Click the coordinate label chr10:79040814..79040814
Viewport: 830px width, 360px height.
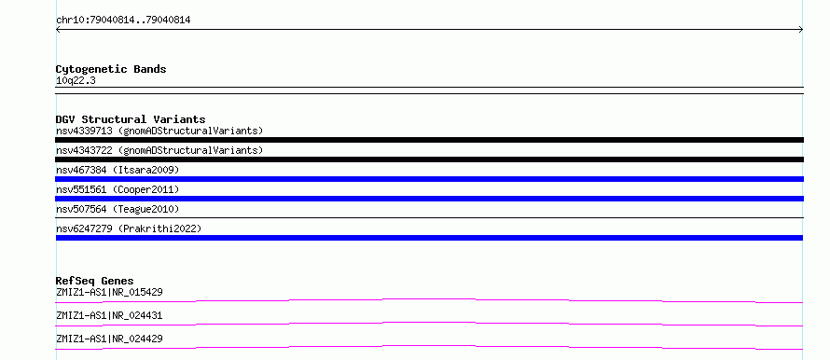click(123, 21)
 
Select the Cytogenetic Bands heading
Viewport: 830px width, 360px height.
click(111, 69)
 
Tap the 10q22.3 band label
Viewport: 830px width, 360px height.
click(76, 81)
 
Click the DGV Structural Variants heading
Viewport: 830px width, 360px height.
click(131, 119)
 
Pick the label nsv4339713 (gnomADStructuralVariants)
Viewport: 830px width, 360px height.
click(159, 131)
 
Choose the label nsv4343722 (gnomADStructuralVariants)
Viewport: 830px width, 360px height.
click(159, 150)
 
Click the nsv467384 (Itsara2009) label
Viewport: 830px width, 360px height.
click(118, 170)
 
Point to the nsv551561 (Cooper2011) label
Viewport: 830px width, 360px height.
click(118, 189)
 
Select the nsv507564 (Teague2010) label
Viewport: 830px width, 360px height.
click(118, 209)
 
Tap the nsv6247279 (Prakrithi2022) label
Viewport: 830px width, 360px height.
click(129, 228)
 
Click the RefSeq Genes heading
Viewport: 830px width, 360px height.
click(95, 281)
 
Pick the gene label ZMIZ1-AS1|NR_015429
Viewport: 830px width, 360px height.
click(109, 292)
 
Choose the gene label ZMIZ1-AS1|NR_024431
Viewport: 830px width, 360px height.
click(109, 315)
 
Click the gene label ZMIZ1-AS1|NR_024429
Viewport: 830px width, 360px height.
click(109, 339)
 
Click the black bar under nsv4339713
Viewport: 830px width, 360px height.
click(429, 140)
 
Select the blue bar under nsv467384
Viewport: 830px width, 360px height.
click(429, 179)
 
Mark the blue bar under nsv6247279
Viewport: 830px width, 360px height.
click(429, 238)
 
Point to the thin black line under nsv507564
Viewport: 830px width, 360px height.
click(429, 217)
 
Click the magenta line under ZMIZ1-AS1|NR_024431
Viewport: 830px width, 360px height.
click(429, 324)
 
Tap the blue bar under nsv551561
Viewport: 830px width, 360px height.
click(429, 199)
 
